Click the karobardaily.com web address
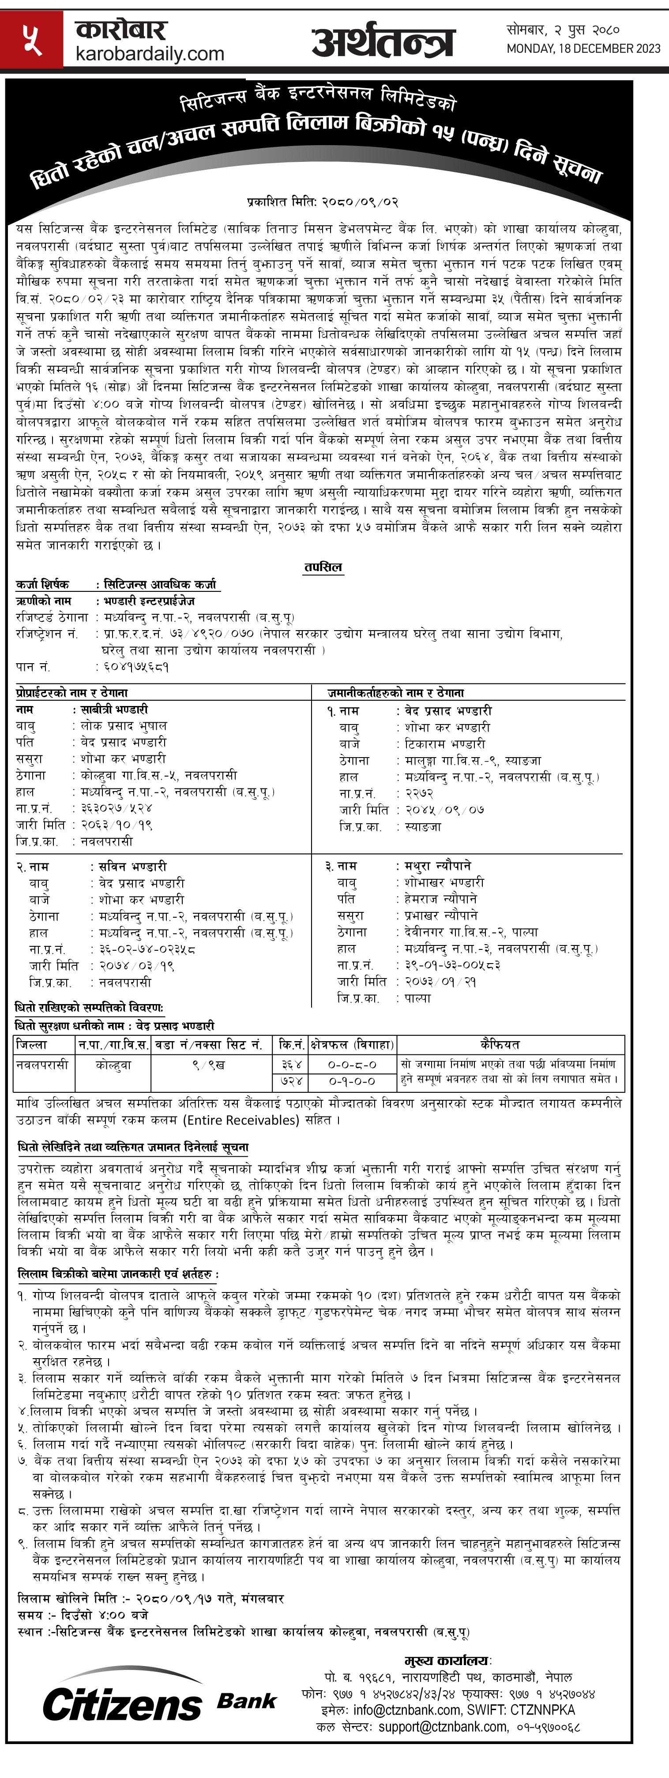click(150, 54)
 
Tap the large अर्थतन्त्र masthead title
click(383, 41)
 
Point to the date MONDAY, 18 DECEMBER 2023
click(583, 49)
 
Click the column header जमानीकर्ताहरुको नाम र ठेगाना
click(395, 692)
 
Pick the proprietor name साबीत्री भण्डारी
click(114, 710)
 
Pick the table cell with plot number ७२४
click(291, 1081)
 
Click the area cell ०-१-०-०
click(352, 1081)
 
